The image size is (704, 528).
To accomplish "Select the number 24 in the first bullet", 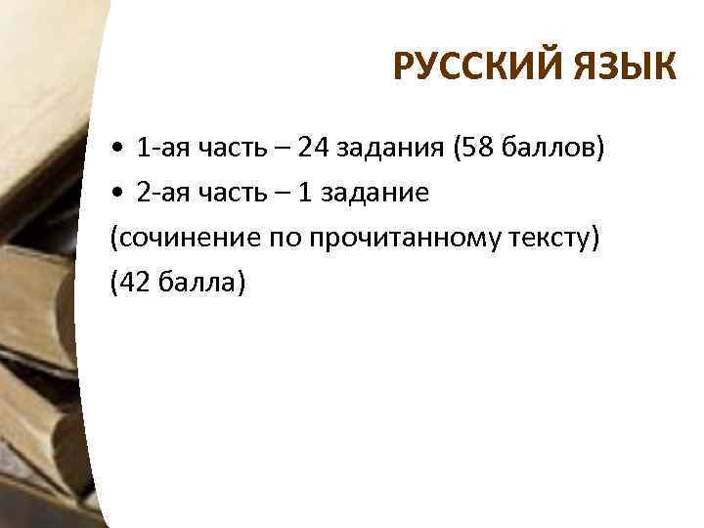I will coord(315,149).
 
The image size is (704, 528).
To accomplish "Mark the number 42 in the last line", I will coord(133,283).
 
